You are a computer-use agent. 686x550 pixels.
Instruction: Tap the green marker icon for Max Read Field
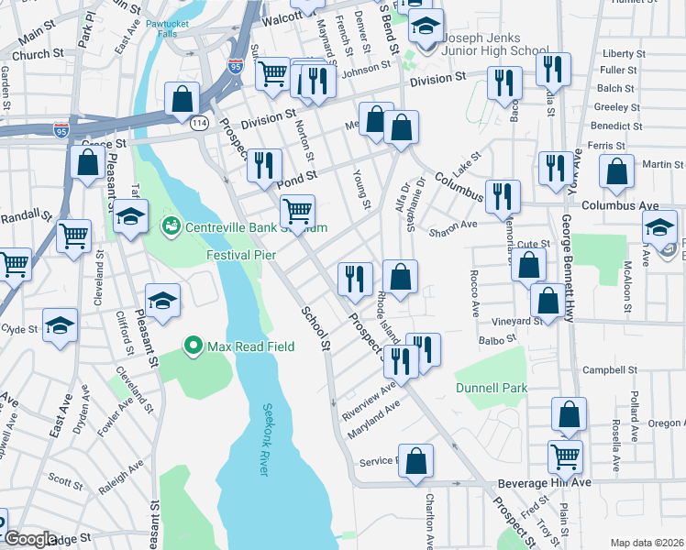(x=193, y=346)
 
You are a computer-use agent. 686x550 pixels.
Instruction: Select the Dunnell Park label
(x=492, y=388)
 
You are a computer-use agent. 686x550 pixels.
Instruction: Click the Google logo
(x=29, y=538)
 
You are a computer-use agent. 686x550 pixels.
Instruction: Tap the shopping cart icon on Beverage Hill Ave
(x=565, y=456)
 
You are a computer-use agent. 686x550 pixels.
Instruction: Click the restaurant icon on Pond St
(x=264, y=166)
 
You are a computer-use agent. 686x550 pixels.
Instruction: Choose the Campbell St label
(x=610, y=370)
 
